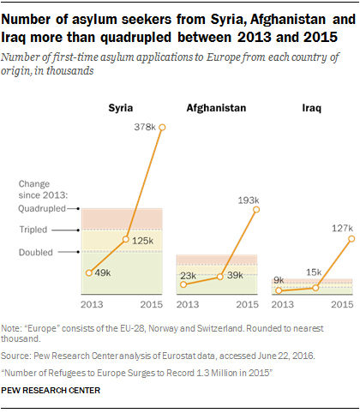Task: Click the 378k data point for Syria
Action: tap(162, 128)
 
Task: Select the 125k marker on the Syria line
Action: tap(126, 239)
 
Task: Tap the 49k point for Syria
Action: tap(89, 273)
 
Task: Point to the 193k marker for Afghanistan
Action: tap(256, 210)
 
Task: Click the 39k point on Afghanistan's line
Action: tap(220, 277)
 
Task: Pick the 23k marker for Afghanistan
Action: tap(183, 284)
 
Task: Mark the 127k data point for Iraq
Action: tap(351, 239)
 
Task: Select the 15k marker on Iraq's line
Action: tap(315, 288)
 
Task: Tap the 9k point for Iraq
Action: tap(279, 290)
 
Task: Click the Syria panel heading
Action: tap(121, 108)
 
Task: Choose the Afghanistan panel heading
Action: tap(216, 108)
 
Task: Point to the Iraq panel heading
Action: tap(312, 108)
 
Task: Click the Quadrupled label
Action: tap(42, 209)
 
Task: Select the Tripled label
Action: tap(33, 230)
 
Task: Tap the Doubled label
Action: tap(36, 253)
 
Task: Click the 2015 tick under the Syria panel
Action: tap(152, 304)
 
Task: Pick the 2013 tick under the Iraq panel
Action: tap(283, 304)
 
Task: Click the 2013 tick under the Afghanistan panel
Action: tap(188, 304)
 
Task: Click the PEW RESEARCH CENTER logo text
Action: tap(51, 391)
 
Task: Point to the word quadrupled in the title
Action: tap(135, 38)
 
